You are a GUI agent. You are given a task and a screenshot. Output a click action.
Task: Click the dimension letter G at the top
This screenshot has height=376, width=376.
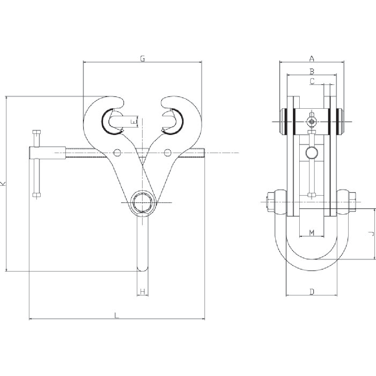(143, 58)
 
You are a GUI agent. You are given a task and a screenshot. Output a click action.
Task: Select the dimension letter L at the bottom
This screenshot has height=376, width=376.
(117, 316)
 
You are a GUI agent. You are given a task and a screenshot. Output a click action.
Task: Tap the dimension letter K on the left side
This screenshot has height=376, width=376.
(3, 183)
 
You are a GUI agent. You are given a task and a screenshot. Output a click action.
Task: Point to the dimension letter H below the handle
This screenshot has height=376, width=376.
(143, 292)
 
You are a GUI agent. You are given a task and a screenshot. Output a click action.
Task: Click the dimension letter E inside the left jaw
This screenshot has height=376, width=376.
(132, 121)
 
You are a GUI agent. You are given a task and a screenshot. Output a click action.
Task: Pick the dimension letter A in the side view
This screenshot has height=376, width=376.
(311, 58)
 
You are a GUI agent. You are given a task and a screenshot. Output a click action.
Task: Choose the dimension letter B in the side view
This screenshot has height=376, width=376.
(311, 71)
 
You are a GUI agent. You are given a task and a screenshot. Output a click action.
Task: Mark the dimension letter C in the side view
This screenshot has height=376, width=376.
(312, 80)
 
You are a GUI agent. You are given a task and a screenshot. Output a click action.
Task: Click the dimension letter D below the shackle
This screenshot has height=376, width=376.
(312, 291)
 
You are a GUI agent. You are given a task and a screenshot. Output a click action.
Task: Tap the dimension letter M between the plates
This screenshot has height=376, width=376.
(311, 233)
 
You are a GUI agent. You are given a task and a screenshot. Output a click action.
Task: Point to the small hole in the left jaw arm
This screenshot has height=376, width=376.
(117, 152)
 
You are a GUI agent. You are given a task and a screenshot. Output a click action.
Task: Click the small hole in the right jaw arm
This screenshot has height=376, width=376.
(168, 152)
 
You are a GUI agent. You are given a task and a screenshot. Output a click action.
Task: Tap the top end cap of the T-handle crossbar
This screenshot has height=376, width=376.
(36, 132)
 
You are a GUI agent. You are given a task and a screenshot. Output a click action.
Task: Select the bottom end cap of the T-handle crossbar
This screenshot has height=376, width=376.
(36, 194)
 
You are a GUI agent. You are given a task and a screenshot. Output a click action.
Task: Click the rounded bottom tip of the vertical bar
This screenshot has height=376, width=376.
(143, 268)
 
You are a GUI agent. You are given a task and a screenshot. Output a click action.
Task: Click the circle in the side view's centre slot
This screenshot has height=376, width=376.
(311, 152)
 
